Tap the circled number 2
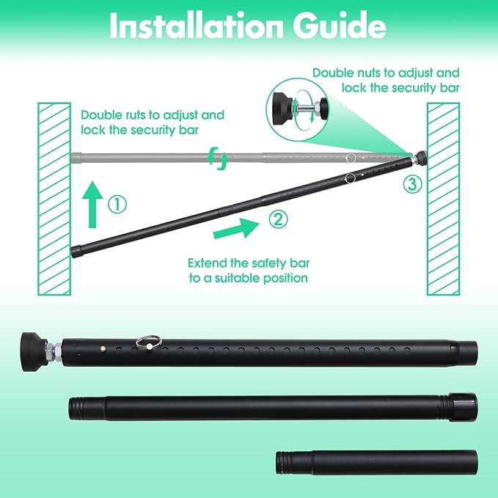[277, 218]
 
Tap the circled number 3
[412, 185]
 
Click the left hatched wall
[54, 198]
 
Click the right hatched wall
[444, 198]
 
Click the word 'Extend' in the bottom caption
[207, 263]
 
